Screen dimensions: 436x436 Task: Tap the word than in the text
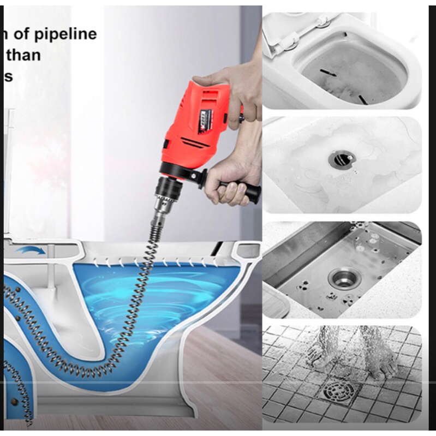pos(23,55)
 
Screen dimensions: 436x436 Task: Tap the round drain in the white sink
pos(342,159)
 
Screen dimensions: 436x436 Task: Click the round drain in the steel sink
pos(343,277)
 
